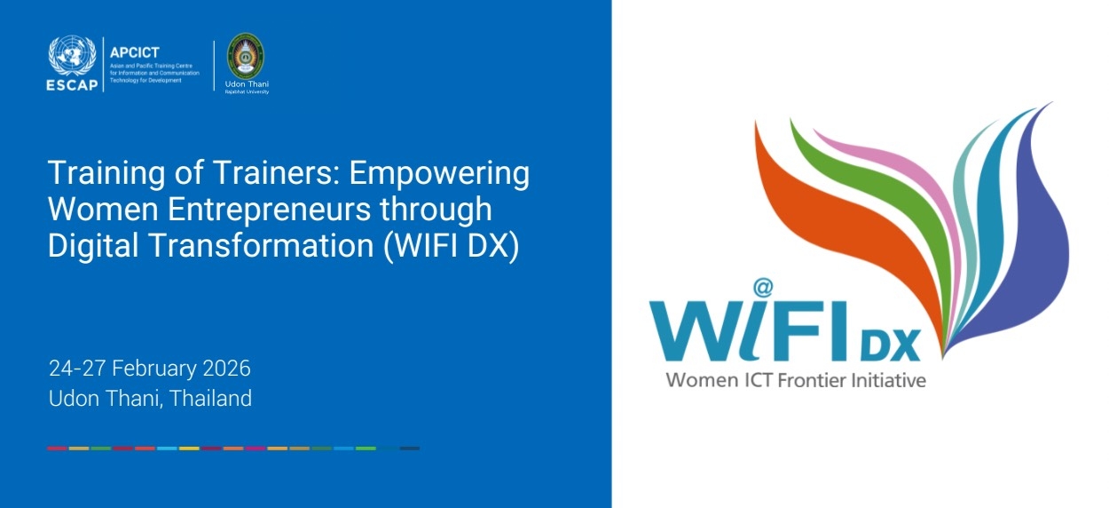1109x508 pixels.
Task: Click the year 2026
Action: tap(227, 368)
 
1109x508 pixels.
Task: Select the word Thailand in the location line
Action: tap(210, 398)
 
